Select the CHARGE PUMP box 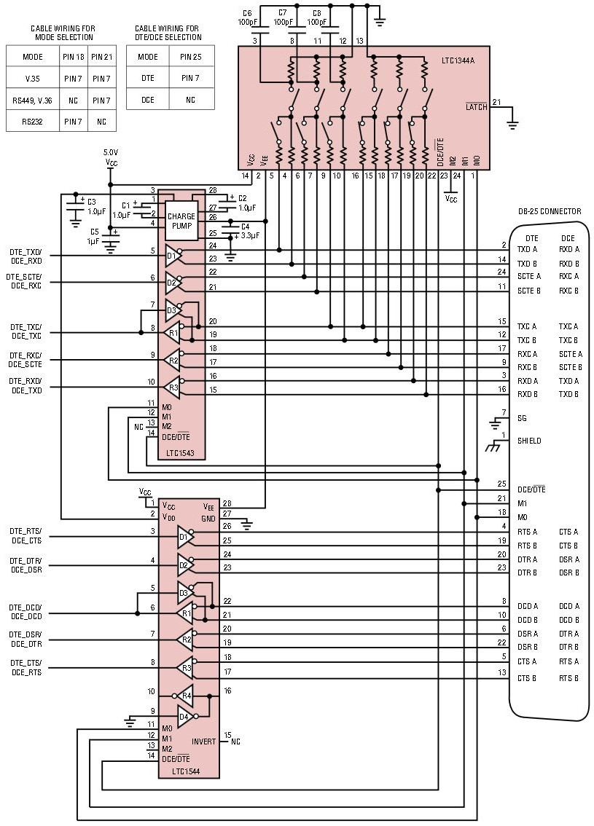(181, 221)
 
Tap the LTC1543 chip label (181, 454)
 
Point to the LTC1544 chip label (186, 771)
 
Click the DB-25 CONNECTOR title (550, 211)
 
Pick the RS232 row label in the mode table (31, 122)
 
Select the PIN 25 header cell (192, 57)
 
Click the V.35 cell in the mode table (31, 78)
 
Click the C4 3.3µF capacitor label (251, 231)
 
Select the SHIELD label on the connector (529, 441)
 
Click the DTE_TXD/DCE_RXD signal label (25, 256)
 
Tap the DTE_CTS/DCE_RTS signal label (25, 667)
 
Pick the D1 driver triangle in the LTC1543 (172, 256)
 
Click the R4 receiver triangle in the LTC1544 (185, 695)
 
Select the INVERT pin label (203, 742)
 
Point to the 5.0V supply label (111, 154)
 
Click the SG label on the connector (522, 418)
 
